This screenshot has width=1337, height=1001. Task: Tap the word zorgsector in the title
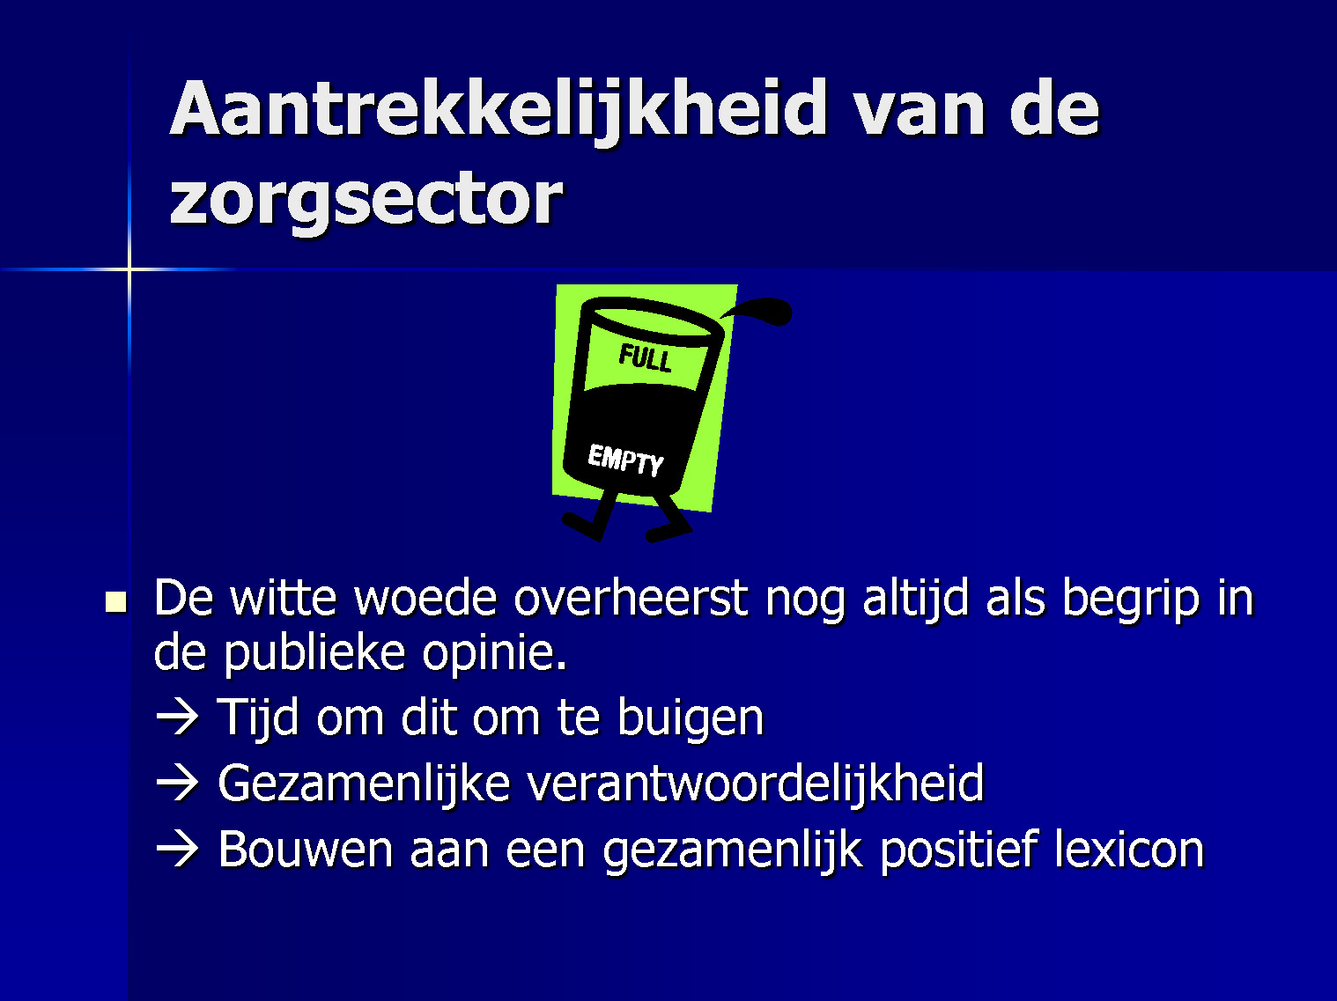[x=366, y=200]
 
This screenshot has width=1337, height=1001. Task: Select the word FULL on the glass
[x=645, y=357]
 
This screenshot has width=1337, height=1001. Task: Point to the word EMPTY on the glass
[x=625, y=460]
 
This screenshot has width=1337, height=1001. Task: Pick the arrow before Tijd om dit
[x=177, y=718]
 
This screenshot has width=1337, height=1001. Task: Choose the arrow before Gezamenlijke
[x=177, y=784]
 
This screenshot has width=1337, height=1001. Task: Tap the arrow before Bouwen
[x=177, y=850]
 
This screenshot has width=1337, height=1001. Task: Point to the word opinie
[x=495, y=654]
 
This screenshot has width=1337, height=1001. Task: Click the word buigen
[x=691, y=719]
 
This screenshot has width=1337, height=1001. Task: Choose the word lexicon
[x=1129, y=850]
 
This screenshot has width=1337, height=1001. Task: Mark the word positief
[x=957, y=850]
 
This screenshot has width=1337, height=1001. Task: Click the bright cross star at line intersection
[x=129, y=269]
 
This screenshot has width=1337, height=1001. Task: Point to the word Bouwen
[x=305, y=850]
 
